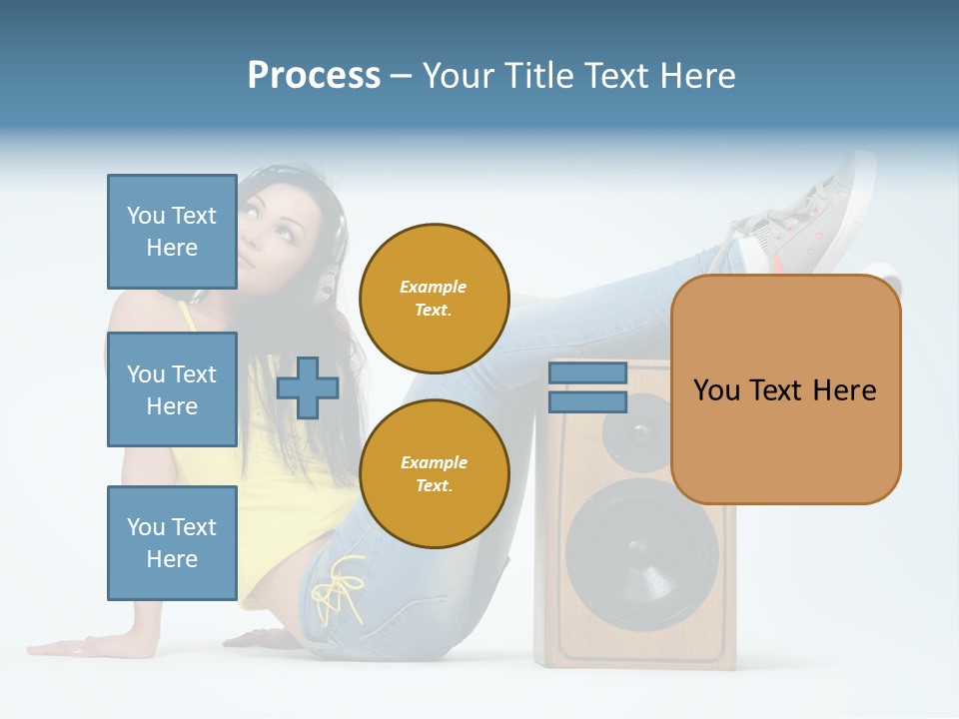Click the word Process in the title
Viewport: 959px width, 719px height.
[314, 76]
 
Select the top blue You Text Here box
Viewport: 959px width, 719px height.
[172, 232]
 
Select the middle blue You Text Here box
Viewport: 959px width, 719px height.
[172, 389]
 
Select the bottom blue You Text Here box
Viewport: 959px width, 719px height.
[172, 542]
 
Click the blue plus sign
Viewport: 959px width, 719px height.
[308, 387]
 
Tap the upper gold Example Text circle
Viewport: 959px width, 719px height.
[434, 299]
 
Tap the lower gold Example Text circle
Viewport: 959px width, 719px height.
[434, 474]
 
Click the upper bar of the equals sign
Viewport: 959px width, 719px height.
[587, 373]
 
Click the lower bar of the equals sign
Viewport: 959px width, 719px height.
[587, 402]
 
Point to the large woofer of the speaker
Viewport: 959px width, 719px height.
[641, 554]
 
